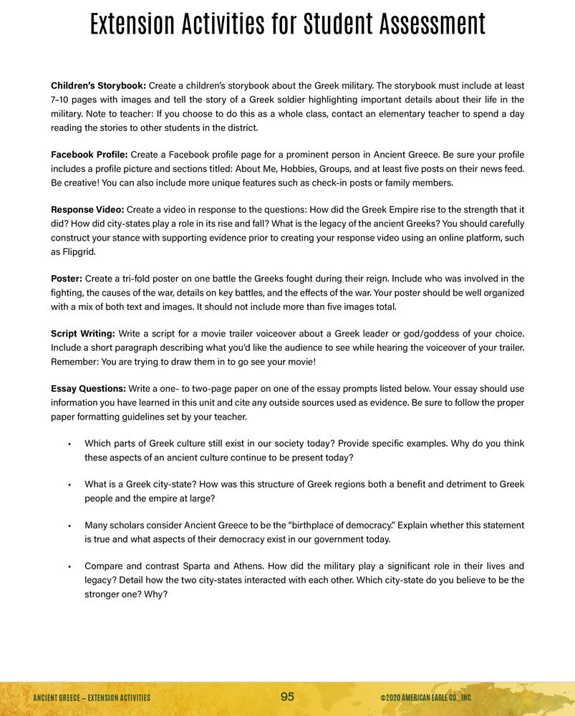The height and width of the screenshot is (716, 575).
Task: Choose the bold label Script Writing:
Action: (82, 334)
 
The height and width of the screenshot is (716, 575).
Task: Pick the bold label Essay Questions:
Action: (88, 389)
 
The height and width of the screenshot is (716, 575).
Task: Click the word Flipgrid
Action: (71, 251)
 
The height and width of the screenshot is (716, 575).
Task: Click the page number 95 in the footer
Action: (287, 697)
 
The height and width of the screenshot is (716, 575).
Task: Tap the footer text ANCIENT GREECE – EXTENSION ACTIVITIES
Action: (92, 697)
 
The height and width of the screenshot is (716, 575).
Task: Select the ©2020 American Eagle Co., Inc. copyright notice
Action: (426, 697)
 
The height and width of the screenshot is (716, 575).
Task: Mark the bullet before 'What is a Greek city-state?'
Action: (69, 485)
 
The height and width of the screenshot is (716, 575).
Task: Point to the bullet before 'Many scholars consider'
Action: (69, 526)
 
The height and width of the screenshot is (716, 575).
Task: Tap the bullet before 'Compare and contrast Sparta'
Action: (69, 567)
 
